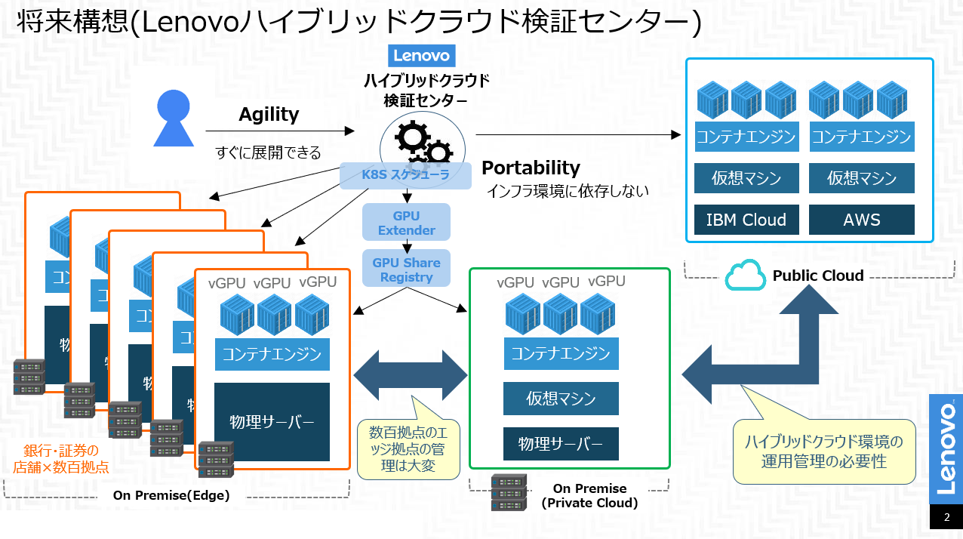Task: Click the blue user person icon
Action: [174, 118]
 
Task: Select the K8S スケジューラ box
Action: [405, 175]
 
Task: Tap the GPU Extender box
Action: [406, 223]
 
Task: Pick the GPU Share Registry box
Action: [406, 269]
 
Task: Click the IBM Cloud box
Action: [746, 220]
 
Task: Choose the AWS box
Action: [861, 220]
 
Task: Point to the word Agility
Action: [269, 114]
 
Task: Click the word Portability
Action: [531, 168]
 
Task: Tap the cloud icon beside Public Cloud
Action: [745, 276]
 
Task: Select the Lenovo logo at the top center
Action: [422, 55]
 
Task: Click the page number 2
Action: [946, 519]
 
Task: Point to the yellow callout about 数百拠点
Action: [408, 449]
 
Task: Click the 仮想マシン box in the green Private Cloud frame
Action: [561, 399]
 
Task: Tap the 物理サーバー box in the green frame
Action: [561, 444]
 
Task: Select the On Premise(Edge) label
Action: [171, 495]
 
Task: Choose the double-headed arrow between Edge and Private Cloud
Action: [411, 374]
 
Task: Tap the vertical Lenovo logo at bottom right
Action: [946, 448]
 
